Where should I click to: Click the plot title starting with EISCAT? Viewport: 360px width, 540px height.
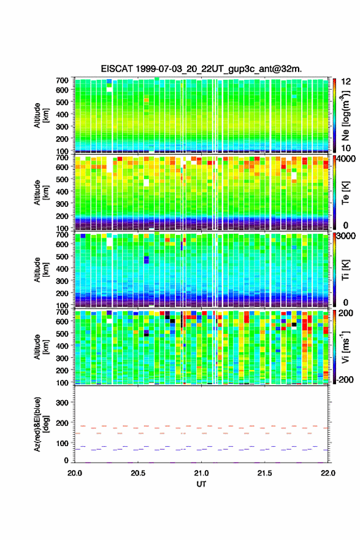tap(201, 69)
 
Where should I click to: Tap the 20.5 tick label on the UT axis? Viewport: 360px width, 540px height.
tap(137, 473)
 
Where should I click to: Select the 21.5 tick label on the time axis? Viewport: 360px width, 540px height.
tap(264, 473)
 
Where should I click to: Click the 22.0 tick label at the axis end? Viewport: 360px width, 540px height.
tap(328, 473)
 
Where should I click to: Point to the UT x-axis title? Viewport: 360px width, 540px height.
tap(201, 484)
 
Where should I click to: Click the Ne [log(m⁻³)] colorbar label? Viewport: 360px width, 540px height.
tap(345, 116)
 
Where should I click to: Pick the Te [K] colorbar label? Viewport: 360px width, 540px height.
tap(345, 193)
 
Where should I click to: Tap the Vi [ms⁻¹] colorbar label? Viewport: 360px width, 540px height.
tap(345, 347)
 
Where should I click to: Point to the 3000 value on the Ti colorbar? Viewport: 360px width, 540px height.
tap(346, 236)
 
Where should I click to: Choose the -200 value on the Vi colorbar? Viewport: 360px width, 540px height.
tap(343, 379)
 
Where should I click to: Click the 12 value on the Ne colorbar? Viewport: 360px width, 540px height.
tap(346, 82)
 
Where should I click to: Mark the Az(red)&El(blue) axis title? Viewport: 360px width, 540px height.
tap(41, 424)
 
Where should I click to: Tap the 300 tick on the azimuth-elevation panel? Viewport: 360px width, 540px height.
tap(62, 403)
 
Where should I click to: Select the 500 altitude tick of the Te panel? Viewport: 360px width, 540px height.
tap(62, 179)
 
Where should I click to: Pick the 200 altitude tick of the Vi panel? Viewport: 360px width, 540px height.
tap(62, 370)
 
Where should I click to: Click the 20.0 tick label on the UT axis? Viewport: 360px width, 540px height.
tap(75, 473)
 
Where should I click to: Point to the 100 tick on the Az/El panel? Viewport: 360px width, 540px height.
tap(62, 443)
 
